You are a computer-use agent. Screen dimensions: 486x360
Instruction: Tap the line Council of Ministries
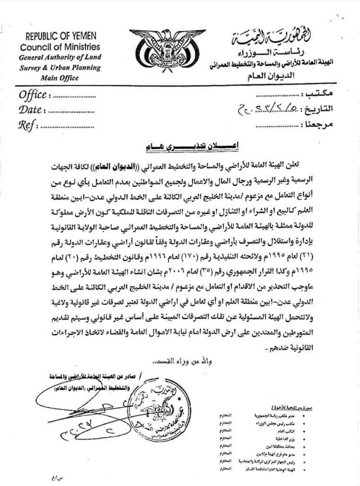tap(60, 47)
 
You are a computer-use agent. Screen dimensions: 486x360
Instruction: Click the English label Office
tap(33, 94)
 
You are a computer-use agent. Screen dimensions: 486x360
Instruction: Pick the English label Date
tap(30, 109)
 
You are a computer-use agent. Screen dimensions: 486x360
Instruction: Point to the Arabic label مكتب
tap(322, 93)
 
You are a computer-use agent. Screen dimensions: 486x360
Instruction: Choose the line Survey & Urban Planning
tap(60, 67)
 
